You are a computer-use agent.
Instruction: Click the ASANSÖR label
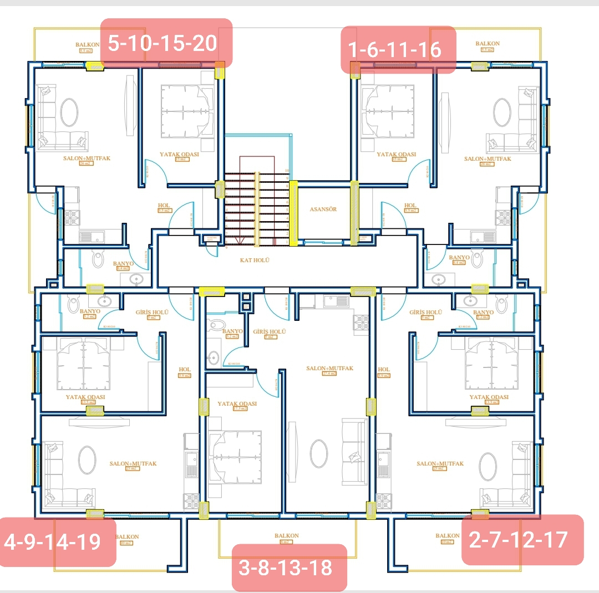[323, 209]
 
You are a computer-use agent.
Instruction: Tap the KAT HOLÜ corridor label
[255, 260]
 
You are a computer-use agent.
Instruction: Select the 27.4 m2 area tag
[329, 374]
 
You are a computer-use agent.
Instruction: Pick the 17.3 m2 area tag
[240, 408]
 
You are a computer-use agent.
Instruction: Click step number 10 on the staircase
[287, 170]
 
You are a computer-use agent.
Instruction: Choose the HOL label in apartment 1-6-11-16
[410, 206]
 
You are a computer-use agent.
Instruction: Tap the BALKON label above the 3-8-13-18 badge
[286, 535]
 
